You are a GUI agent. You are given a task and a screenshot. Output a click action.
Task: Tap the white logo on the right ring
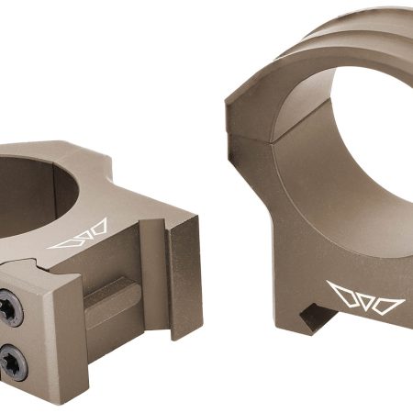(365, 299)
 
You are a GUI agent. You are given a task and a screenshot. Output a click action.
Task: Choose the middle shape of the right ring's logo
(365, 299)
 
